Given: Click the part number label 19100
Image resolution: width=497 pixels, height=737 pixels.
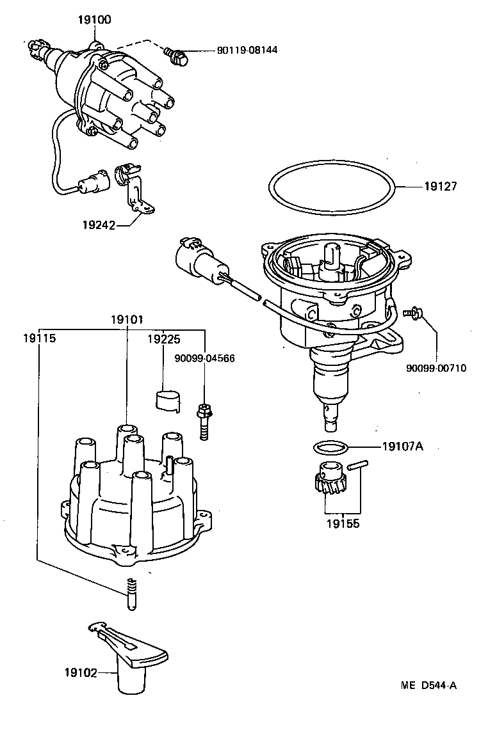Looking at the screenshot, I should click(x=94, y=20).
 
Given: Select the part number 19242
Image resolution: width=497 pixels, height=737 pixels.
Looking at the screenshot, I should click(x=99, y=225).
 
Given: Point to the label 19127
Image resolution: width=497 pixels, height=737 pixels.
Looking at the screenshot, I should click(x=441, y=187).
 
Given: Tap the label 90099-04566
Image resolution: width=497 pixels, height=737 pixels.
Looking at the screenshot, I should click(x=204, y=358).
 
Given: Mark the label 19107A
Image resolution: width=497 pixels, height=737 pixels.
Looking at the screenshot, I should click(x=403, y=446).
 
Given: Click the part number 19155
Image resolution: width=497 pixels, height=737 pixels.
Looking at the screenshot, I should click(x=343, y=523).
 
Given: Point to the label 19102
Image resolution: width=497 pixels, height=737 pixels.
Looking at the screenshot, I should click(x=80, y=672).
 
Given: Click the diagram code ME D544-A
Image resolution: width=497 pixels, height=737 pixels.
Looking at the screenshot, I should click(x=428, y=686).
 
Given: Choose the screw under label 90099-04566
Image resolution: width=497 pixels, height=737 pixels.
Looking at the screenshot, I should click(x=204, y=420).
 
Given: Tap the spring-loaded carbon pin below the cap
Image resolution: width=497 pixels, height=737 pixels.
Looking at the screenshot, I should click(x=131, y=594).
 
